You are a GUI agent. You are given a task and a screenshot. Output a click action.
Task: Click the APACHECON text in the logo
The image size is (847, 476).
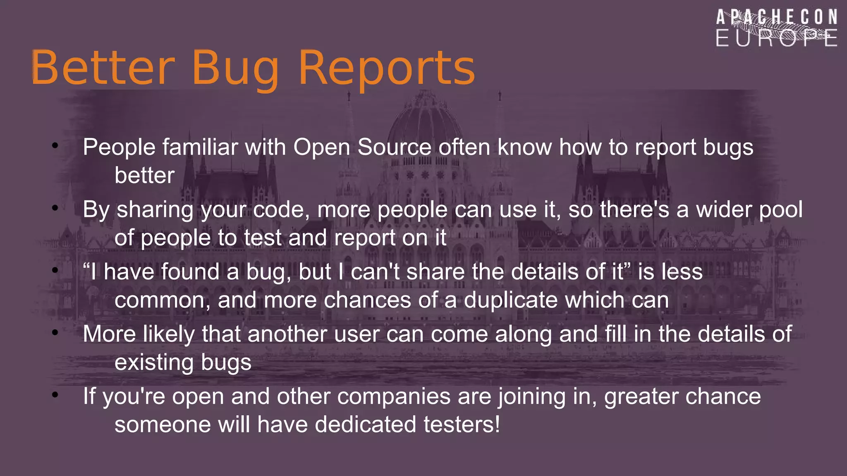(x=777, y=18)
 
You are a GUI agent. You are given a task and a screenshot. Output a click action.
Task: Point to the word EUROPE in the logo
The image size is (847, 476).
(x=777, y=38)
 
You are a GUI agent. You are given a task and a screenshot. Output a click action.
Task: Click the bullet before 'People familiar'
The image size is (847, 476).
(x=55, y=145)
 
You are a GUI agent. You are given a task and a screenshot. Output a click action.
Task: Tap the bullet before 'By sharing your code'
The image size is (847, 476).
(x=55, y=208)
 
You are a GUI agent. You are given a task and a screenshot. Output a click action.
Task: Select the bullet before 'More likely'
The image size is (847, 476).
(x=55, y=332)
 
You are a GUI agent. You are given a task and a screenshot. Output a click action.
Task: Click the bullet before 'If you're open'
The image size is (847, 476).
(x=55, y=395)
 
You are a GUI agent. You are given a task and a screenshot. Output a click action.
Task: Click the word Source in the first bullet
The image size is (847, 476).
(x=394, y=147)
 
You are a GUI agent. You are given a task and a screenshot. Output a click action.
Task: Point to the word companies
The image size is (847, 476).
(x=393, y=397)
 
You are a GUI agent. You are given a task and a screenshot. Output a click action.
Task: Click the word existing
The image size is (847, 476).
(x=154, y=362)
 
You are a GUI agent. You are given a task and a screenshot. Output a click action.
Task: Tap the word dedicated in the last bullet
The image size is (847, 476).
(x=365, y=425)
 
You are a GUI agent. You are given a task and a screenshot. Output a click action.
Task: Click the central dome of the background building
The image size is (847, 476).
(x=424, y=120)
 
